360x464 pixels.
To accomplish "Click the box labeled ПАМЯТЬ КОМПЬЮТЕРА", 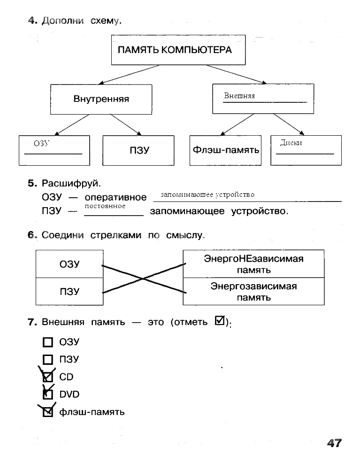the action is click(178, 50).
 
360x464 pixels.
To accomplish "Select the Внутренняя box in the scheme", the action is click(101, 99).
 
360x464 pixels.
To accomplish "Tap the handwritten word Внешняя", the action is click(239, 96).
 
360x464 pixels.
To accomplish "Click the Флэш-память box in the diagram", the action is click(225, 150).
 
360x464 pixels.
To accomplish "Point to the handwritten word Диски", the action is click(291, 143).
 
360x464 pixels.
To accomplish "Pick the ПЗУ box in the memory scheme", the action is click(138, 150).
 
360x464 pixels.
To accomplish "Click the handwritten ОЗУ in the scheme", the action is click(41, 144).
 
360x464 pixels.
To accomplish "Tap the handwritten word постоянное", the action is click(105, 206).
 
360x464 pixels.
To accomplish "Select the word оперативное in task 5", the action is click(115, 197).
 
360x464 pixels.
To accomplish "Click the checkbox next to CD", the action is click(48, 377).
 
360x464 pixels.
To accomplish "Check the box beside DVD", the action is click(48, 394).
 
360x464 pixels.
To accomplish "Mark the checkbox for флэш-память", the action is click(48, 412).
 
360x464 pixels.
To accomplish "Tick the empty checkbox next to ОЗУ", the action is click(48, 342).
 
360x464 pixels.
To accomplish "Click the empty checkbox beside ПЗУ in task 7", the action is click(48, 360).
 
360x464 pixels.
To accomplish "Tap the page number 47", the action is click(334, 443).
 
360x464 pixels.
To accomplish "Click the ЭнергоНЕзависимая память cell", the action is click(253, 264).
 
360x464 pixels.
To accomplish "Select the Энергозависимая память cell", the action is click(253, 292).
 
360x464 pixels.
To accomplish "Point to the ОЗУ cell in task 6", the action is click(69, 264).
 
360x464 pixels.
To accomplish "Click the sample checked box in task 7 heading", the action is click(220, 321).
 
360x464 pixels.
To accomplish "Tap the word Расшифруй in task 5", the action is click(71, 184).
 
